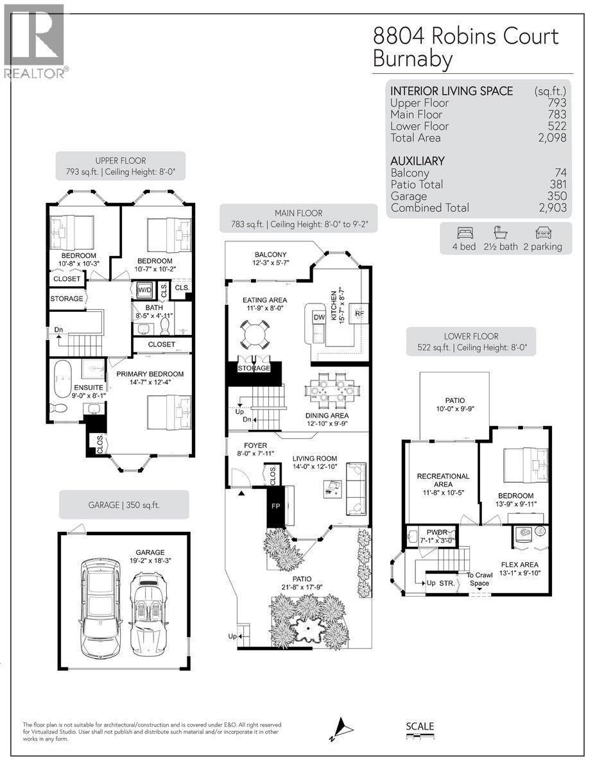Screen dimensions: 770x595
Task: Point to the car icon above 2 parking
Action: (543, 233)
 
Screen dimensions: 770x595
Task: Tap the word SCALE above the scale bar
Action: (420, 726)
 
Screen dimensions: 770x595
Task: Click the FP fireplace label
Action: (276, 506)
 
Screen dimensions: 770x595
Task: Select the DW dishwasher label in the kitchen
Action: (319, 317)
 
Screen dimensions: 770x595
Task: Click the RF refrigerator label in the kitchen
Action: (360, 313)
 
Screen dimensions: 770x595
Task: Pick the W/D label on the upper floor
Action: (146, 289)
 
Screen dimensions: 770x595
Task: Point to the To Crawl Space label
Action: (479, 579)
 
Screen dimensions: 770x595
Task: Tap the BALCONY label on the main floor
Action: (270, 255)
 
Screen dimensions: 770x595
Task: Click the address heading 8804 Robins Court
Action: (465, 36)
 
